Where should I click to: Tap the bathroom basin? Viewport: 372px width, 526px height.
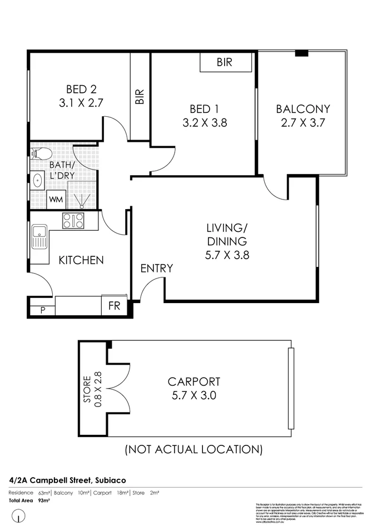pyautogui.click(x=38, y=180)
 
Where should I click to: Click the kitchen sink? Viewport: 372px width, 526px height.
pyautogui.click(x=39, y=236)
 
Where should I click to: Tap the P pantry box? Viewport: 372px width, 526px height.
pyautogui.click(x=41, y=310)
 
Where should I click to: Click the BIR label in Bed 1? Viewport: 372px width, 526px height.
pyautogui.click(x=225, y=63)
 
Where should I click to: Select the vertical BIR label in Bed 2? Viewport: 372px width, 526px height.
pyautogui.click(x=140, y=97)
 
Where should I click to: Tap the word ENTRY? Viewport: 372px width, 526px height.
pyautogui.click(x=156, y=269)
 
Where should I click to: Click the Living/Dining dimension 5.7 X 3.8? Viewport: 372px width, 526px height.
pyautogui.click(x=226, y=255)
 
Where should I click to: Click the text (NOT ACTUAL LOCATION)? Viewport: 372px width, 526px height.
pyautogui.click(x=194, y=448)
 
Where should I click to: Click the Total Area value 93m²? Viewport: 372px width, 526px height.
pyautogui.click(x=44, y=500)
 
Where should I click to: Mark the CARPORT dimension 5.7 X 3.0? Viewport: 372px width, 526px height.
pyautogui.click(x=194, y=396)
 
